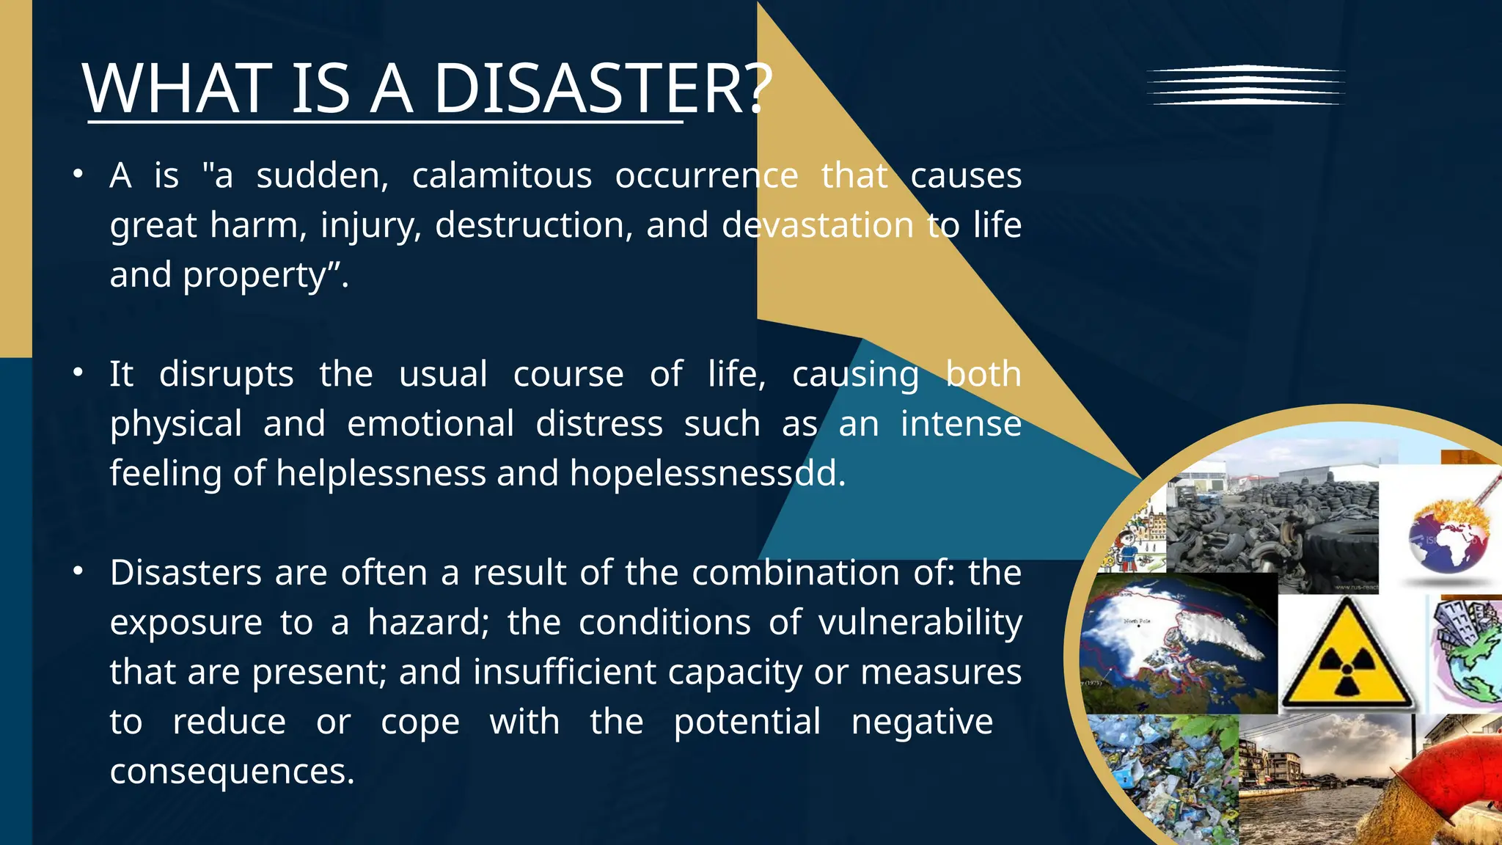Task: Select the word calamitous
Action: point(502,176)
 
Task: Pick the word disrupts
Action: point(226,375)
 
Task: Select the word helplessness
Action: point(381,474)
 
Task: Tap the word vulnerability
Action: point(920,623)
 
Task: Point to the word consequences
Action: point(232,772)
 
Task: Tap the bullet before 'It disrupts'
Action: point(78,373)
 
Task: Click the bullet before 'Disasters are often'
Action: point(78,571)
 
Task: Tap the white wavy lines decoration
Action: point(1245,85)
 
